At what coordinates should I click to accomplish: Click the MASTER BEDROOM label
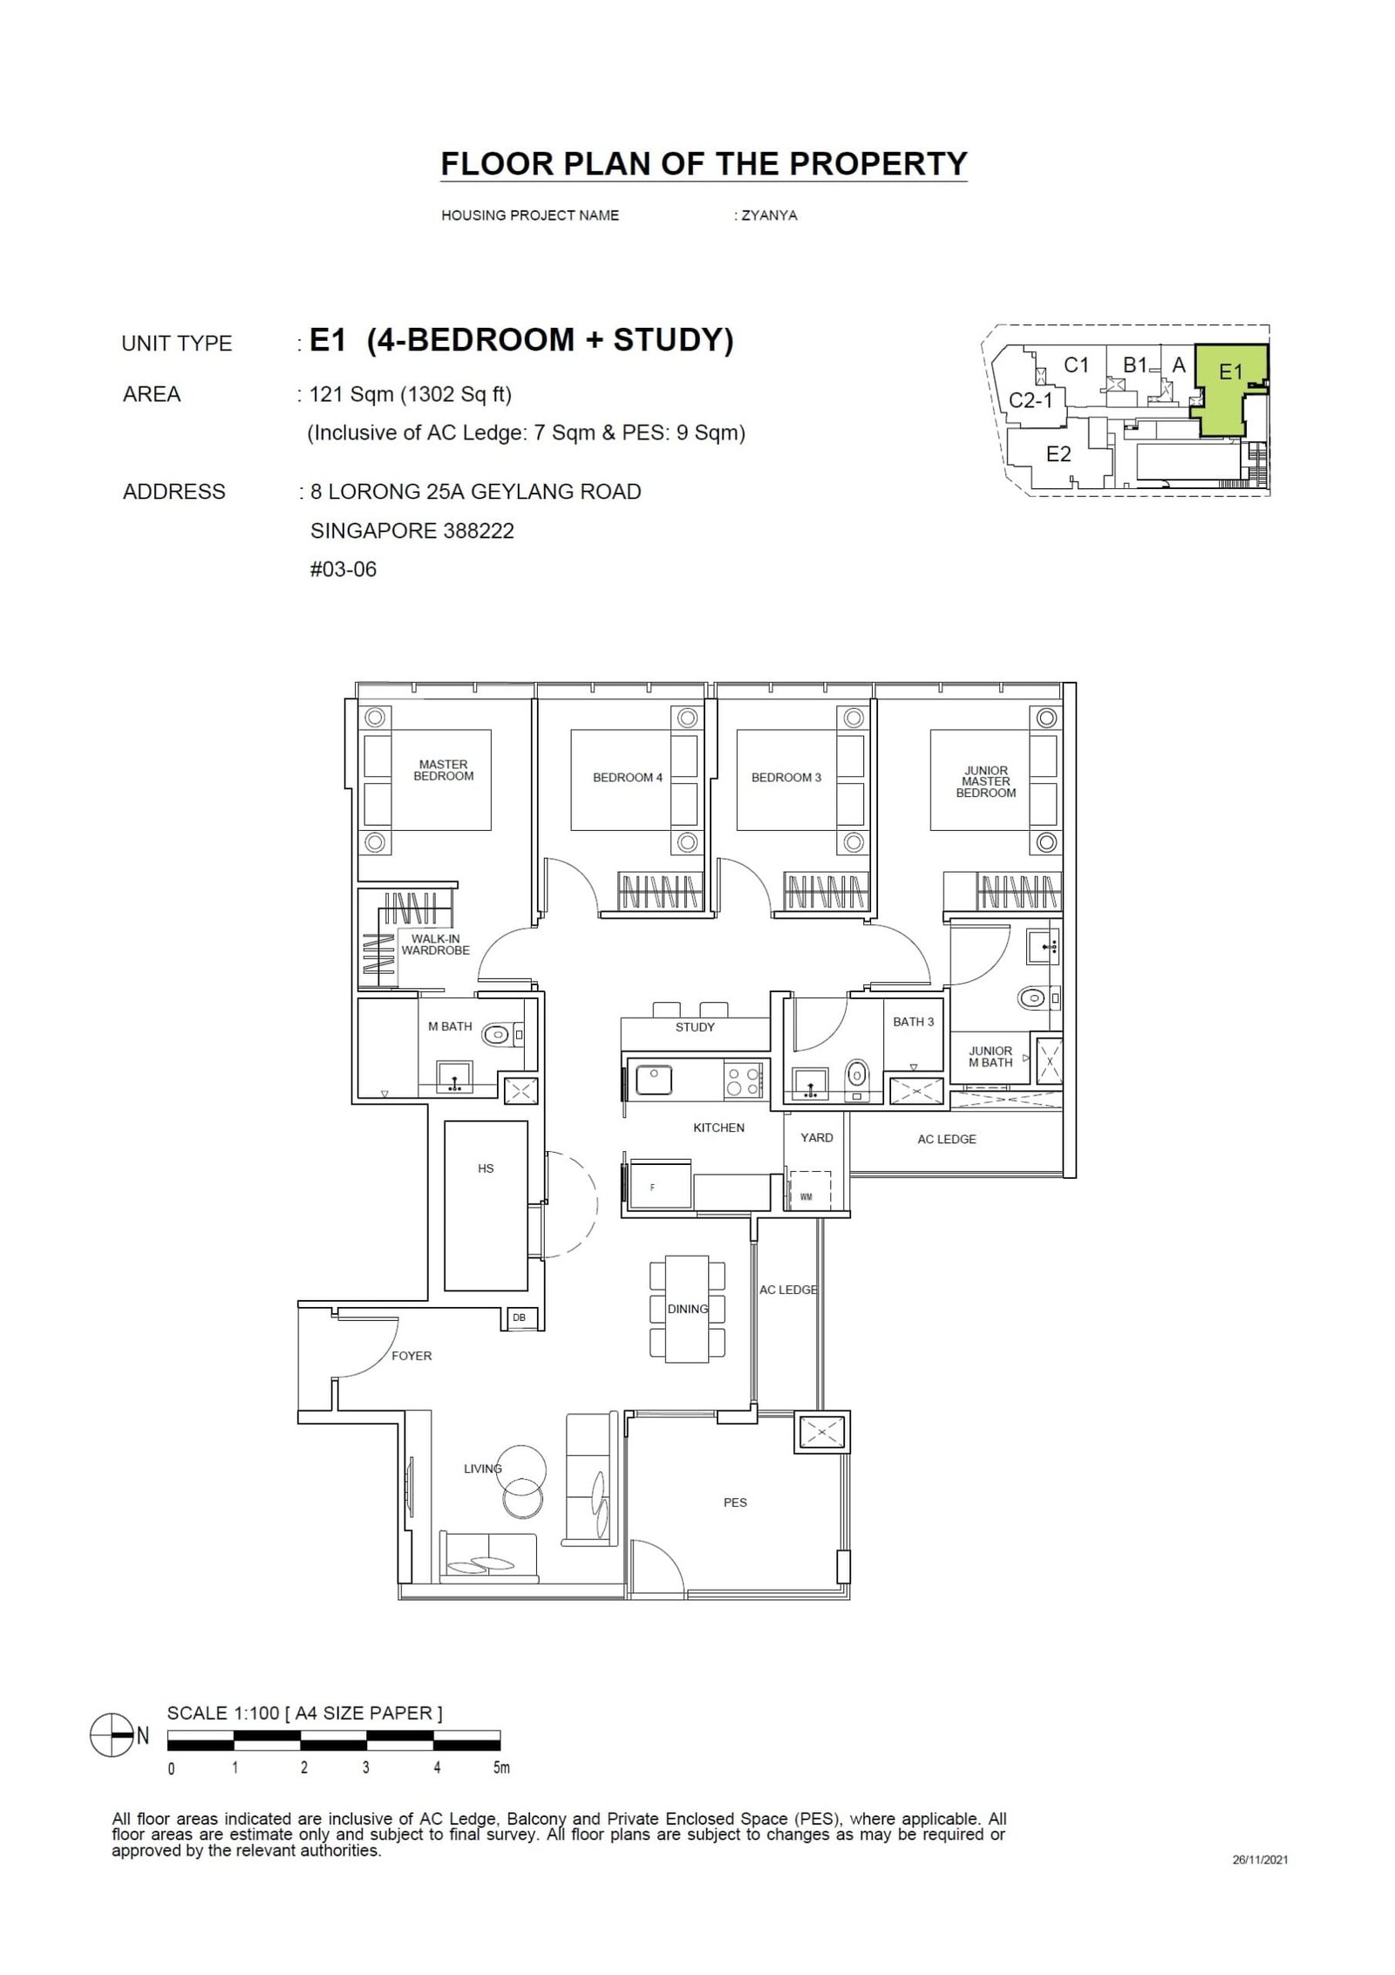click(443, 770)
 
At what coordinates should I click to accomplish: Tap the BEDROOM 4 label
click(627, 777)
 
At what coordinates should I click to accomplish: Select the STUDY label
click(694, 1027)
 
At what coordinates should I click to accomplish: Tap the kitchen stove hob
click(742, 1081)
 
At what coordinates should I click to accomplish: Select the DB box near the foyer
click(520, 1318)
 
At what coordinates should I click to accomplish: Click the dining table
click(687, 1309)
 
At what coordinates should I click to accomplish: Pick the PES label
click(734, 1502)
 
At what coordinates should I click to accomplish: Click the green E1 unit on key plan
click(1229, 388)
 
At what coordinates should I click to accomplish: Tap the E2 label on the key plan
click(1058, 454)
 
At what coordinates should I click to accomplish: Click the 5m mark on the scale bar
click(500, 1768)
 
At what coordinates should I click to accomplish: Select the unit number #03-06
click(344, 569)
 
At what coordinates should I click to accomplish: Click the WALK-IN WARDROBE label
click(435, 944)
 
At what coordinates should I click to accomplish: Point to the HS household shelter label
click(486, 1168)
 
